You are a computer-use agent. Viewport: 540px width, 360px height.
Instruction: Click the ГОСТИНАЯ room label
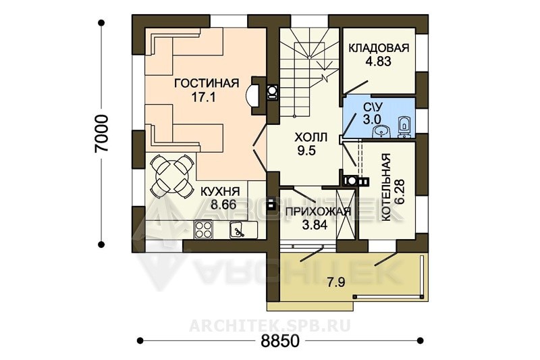coord(207,83)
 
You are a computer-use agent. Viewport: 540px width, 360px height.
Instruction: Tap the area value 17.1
coord(204,97)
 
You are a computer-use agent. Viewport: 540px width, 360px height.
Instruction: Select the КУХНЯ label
coord(220,191)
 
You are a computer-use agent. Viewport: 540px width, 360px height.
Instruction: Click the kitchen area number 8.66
coord(223,205)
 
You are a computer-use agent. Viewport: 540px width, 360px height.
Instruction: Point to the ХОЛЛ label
coord(310,138)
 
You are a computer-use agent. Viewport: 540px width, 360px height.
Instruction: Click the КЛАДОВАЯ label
coord(379,48)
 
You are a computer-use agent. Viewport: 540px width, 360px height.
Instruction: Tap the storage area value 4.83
coord(378,61)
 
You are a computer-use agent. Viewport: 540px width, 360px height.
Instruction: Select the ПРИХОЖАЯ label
coord(318,211)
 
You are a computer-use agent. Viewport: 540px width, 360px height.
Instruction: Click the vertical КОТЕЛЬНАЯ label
coord(386,188)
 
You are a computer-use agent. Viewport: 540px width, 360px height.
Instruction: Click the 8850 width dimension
coord(280,341)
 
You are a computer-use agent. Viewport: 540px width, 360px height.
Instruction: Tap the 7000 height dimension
coord(103,133)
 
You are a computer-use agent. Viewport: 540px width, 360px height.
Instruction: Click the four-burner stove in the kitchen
coord(203,230)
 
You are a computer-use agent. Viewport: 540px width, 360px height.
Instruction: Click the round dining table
coord(172,176)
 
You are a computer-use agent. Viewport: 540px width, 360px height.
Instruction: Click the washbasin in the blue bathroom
coord(381,131)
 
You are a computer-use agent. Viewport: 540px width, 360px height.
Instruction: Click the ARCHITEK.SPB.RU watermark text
coord(270,325)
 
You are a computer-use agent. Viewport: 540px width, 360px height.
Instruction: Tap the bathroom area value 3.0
coord(372,120)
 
